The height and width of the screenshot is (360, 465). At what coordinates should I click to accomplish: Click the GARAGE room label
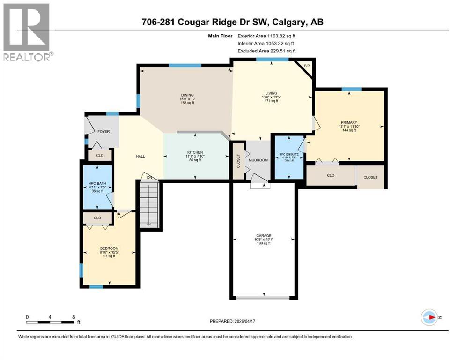264,236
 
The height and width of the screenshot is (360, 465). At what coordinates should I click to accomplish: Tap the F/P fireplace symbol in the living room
307,66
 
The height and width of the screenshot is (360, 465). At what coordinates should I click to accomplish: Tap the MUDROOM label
258,160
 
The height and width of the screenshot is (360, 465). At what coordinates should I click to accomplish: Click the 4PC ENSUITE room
288,156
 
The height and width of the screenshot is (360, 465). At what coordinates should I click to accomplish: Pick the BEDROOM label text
109,248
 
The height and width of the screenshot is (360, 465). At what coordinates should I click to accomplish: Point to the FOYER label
103,132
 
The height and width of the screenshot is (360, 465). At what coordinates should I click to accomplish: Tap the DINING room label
187,95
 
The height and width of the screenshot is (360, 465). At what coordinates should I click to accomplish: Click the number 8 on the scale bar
73,317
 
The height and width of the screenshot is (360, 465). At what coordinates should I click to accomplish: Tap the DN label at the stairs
148,177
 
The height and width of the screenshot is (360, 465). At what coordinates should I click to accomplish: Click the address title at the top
232,22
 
